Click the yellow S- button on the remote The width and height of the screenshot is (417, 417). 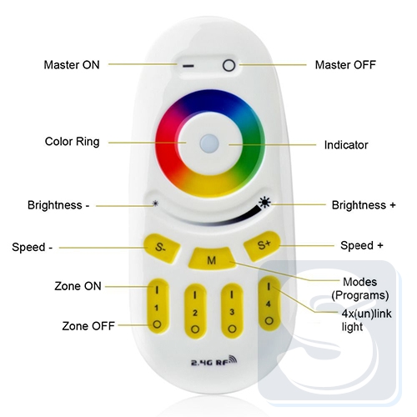click(161, 248)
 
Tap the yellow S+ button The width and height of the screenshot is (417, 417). click(262, 246)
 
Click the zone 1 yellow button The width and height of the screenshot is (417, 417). click(158, 306)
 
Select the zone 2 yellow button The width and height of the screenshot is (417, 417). click(195, 311)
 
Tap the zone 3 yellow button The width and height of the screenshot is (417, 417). click(232, 311)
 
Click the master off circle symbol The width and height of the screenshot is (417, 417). click(229, 66)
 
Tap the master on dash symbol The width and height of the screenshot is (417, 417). click(188, 66)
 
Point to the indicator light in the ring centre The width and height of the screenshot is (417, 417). click(209, 143)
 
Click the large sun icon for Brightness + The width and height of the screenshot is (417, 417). click(264, 203)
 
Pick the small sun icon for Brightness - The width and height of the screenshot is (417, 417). click(155, 203)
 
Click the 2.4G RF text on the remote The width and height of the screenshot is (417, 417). click(214, 360)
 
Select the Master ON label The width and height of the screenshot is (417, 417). click(72, 65)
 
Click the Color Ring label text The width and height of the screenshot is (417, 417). click(72, 142)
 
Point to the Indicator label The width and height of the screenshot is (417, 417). click(346, 145)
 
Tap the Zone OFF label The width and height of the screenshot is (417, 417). click(88, 326)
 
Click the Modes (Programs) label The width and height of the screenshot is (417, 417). click(360, 289)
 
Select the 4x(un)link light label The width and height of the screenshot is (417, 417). click(366, 320)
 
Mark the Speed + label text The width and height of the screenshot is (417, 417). click(362, 245)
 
